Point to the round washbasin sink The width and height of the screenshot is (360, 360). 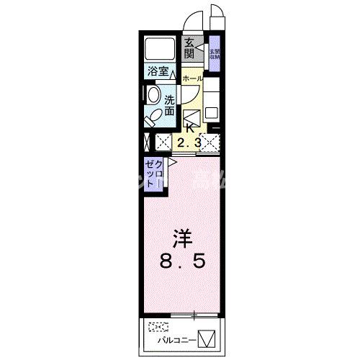[153, 96]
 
